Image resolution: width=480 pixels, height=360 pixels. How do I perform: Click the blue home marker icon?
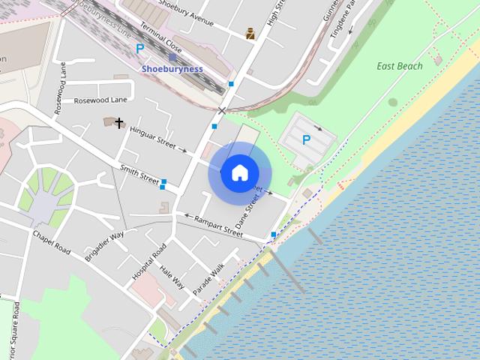click(239, 172)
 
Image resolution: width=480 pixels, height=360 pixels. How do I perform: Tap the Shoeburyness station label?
click(172, 68)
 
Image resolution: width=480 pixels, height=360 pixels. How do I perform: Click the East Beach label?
click(400, 66)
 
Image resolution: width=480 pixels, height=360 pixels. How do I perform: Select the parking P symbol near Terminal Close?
click(139, 48)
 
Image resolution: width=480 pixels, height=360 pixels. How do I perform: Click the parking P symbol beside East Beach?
click(306, 139)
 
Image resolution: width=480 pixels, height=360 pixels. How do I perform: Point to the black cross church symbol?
click(118, 121)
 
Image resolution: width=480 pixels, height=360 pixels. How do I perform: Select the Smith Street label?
click(139, 174)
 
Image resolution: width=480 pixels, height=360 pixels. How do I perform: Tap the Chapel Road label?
click(51, 241)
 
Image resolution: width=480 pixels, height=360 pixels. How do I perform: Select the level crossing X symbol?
click(221, 111)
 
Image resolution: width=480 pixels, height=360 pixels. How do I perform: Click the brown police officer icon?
click(250, 33)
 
